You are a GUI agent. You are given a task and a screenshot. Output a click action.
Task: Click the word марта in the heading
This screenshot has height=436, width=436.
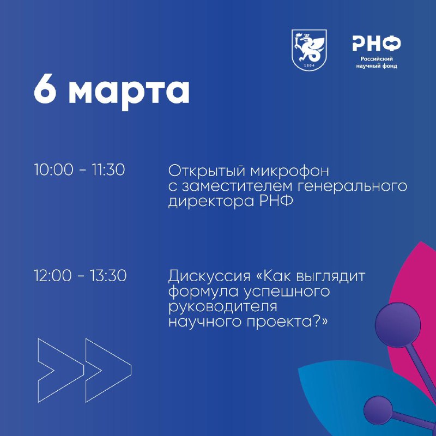click(x=129, y=92)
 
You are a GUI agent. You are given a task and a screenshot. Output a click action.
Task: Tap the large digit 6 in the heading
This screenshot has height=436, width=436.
click(x=45, y=89)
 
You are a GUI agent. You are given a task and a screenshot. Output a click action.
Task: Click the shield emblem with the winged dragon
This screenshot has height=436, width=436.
click(x=309, y=50)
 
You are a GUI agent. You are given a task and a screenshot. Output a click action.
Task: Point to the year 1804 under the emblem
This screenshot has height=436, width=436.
click(x=309, y=65)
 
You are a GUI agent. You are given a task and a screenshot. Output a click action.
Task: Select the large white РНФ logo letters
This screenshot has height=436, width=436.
click(x=377, y=44)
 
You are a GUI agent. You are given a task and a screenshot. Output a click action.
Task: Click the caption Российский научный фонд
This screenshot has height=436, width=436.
click(x=377, y=63)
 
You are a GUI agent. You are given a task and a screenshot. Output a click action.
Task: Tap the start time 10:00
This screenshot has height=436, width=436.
click(x=53, y=169)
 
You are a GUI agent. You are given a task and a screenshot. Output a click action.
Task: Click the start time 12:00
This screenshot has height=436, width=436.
click(x=52, y=276)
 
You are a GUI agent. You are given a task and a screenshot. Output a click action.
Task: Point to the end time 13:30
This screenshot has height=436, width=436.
click(x=108, y=276)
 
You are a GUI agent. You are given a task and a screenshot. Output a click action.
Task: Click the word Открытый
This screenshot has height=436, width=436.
click(x=207, y=171)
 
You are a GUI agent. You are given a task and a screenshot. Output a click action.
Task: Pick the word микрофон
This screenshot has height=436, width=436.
click(x=289, y=172)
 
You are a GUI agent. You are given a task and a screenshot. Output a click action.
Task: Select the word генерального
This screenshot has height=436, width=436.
click(x=352, y=186)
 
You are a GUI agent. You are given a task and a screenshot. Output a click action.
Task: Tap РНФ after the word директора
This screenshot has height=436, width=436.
click(x=276, y=201)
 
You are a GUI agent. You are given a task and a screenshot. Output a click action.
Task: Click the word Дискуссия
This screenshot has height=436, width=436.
click(x=209, y=277)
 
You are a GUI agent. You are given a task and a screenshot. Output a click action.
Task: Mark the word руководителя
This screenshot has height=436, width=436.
click(x=223, y=307)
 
